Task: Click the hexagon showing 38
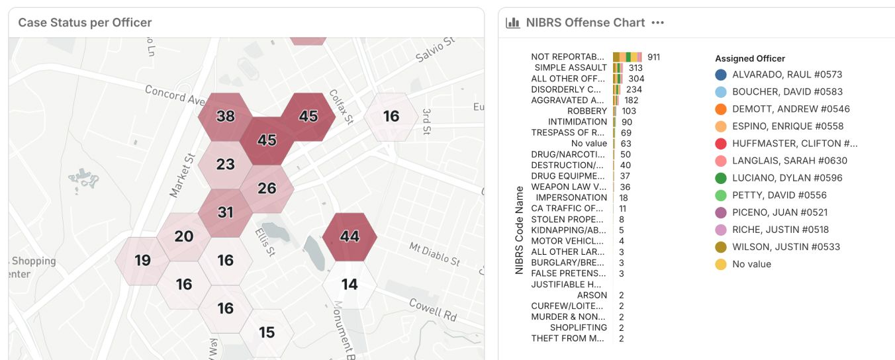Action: pos(225,116)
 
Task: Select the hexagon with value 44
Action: pos(350,237)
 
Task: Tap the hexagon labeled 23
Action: pos(225,165)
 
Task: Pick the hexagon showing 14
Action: pos(350,285)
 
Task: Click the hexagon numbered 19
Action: pos(142,261)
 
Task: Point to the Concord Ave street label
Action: pos(175,95)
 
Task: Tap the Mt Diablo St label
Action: pos(434,253)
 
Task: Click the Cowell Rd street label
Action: pos(433,310)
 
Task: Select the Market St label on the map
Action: pos(182,175)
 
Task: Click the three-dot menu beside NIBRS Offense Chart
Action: pos(657,22)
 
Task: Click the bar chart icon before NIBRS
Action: pos(512,22)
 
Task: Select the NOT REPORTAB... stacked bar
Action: pos(628,57)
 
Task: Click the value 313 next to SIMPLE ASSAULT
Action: pos(636,68)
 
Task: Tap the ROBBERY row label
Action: pos(587,111)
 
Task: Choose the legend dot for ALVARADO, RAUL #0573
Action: pos(721,75)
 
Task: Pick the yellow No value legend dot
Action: pos(721,265)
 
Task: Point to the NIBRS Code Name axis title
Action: pos(519,230)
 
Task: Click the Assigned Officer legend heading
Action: pos(750,59)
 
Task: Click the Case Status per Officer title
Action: pos(85,22)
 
